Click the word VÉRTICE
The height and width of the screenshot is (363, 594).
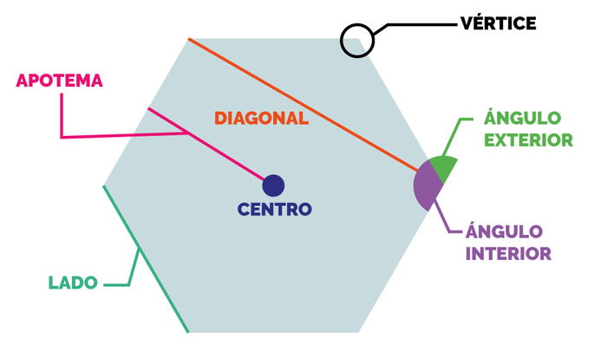[499, 23]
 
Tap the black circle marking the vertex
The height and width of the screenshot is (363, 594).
[356, 40]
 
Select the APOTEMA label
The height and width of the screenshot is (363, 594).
[59, 81]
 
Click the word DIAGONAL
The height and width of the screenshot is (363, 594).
[261, 119]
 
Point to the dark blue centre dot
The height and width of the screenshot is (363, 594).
[273, 185]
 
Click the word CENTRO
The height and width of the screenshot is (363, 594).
[274, 209]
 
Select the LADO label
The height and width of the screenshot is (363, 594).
[73, 282]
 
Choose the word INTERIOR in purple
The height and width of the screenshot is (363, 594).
[509, 254]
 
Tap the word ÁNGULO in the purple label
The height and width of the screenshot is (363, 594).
[504, 232]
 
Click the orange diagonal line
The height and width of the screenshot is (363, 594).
[304, 105]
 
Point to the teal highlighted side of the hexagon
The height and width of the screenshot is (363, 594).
[146, 259]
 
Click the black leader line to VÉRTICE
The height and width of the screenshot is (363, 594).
[416, 24]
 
